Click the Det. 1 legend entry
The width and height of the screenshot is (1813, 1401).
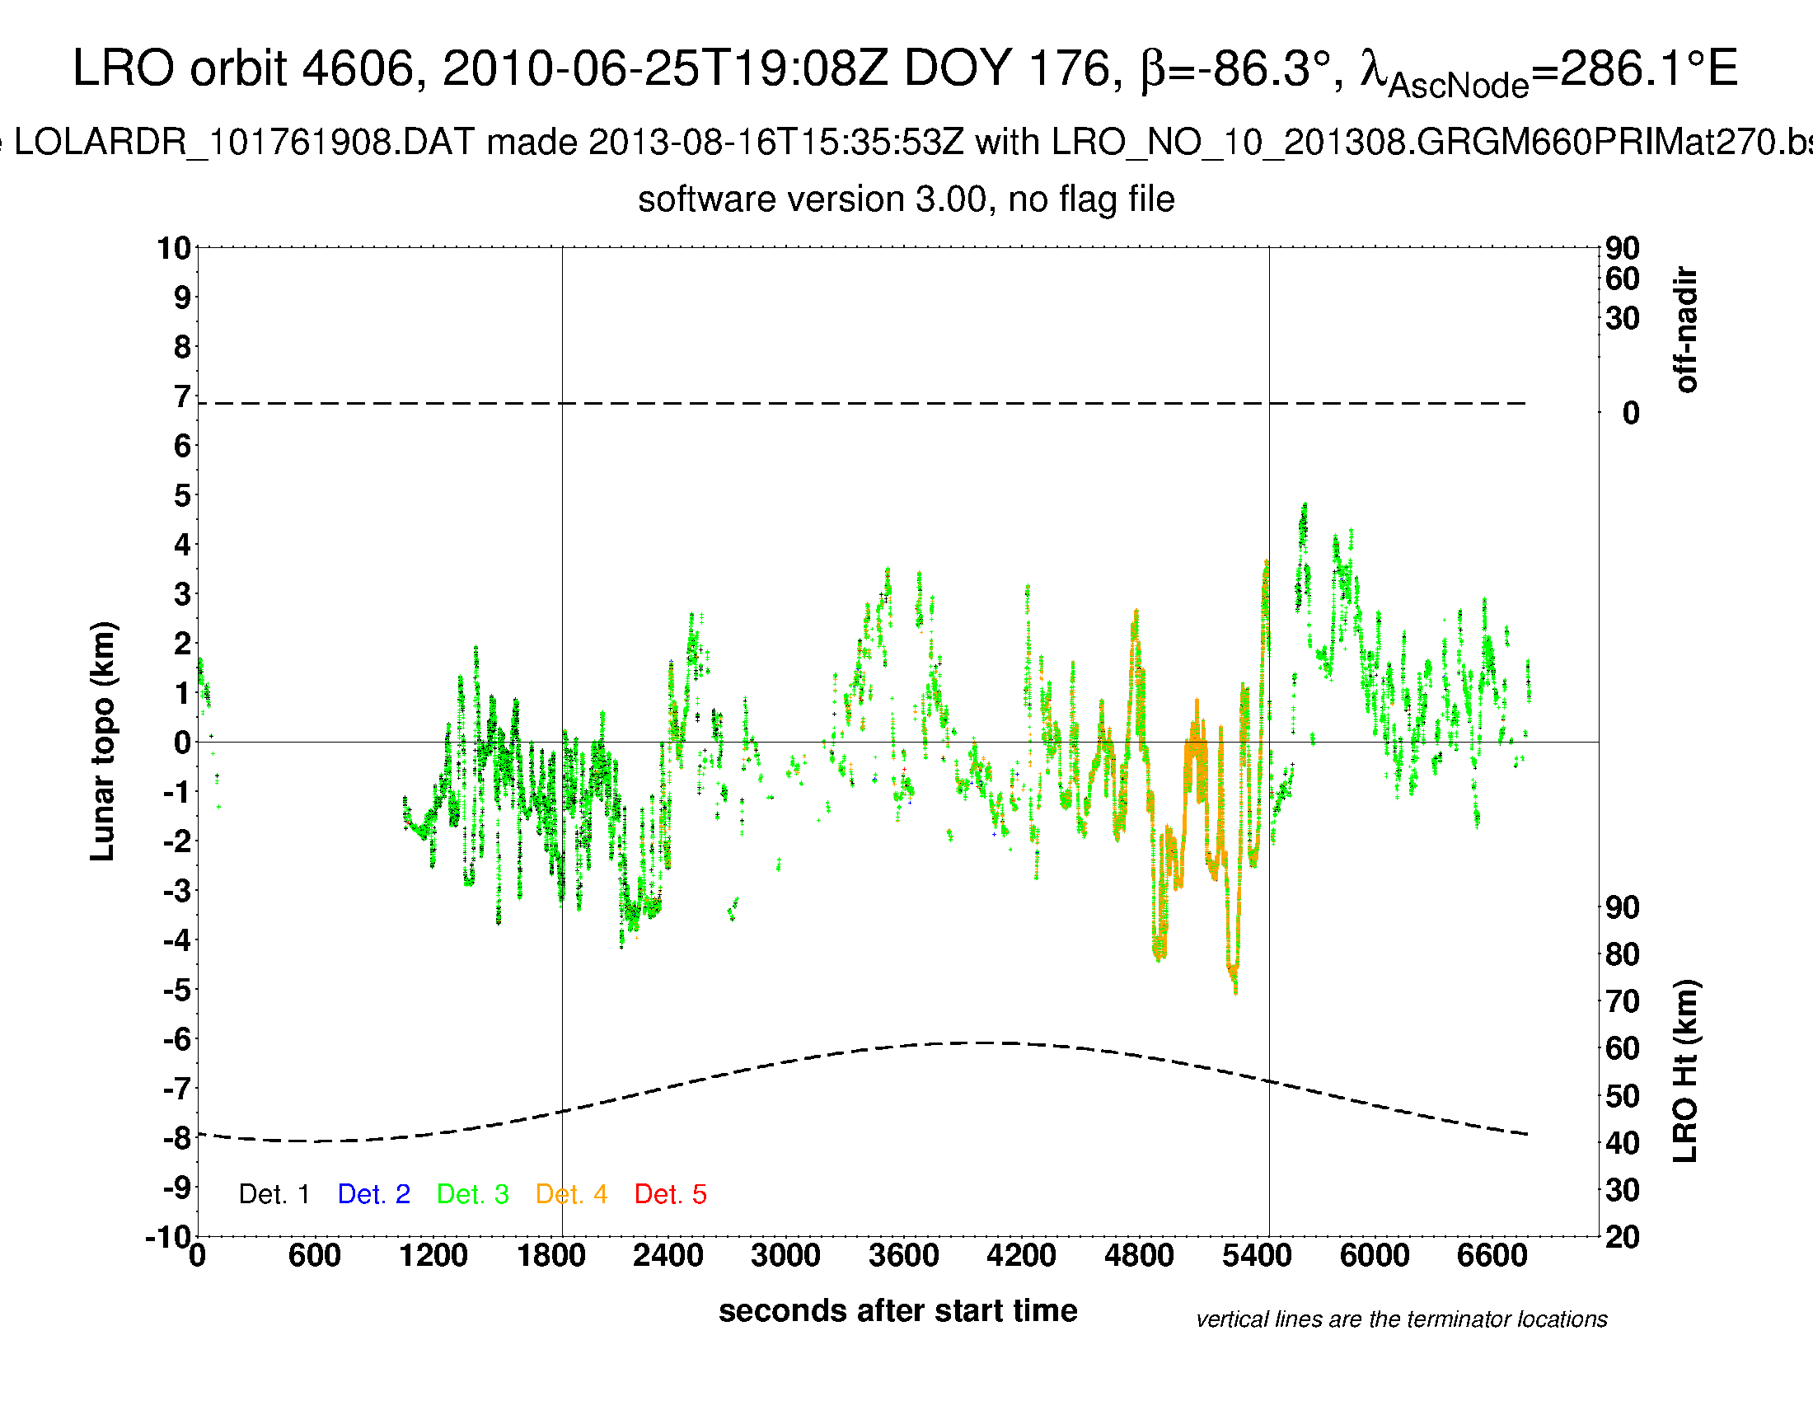pos(274,1194)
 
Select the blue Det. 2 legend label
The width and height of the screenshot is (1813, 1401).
pos(373,1194)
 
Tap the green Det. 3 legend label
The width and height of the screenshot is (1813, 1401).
pos(472,1194)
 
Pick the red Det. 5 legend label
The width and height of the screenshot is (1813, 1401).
pos(670,1194)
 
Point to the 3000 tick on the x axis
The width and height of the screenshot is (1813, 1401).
pos(785,1255)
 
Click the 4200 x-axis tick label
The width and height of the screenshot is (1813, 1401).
pos(1021,1255)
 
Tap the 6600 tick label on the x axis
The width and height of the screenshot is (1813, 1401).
pos(1492,1255)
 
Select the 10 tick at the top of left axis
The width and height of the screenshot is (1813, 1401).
pos(175,248)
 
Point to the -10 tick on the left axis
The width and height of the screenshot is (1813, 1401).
pos(168,1237)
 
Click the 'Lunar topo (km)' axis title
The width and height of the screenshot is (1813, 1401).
pos(103,741)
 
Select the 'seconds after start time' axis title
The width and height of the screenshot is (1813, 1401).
pos(897,1311)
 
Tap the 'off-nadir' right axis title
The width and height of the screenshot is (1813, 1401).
pos(1685,330)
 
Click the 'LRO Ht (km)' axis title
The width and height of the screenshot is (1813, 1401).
pos(1685,1071)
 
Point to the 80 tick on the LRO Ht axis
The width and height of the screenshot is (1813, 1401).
pos(1622,954)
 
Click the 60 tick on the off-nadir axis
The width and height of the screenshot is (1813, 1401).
pos(1622,279)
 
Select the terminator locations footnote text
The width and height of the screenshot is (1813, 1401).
pos(1401,1319)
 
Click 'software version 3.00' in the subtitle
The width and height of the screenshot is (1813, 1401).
pos(813,200)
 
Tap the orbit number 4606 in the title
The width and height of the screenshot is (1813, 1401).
pos(357,68)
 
